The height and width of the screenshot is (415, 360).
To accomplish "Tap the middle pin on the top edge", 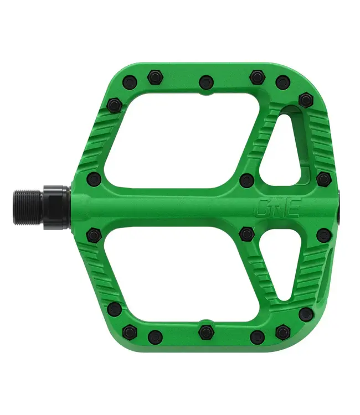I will coord(206,82).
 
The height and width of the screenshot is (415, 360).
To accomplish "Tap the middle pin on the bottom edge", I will coord(206,331).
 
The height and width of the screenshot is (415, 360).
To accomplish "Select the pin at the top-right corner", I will coord(306,100).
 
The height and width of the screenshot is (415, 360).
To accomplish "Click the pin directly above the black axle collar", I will coord(95,179).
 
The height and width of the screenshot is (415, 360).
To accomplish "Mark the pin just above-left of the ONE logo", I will coord(246,179).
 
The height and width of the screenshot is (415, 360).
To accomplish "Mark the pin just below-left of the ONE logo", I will coord(246,234).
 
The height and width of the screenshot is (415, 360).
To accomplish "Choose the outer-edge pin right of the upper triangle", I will coord(323,179).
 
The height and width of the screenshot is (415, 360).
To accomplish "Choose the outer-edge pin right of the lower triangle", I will coord(323,235).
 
